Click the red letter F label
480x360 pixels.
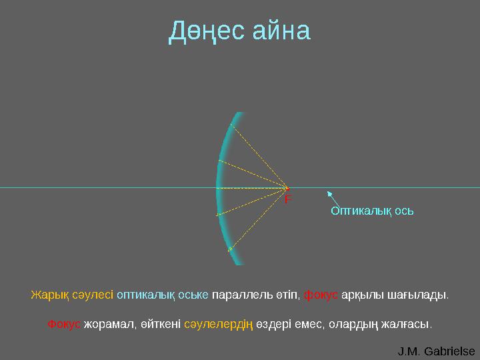click(x=288, y=199)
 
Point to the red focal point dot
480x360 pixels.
click(x=287, y=188)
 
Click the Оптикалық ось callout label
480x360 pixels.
click(x=372, y=211)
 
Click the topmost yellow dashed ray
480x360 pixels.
click(x=259, y=155)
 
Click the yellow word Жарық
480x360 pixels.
click(x=45, y=295)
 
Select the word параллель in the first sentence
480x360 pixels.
click(x=235, y=295)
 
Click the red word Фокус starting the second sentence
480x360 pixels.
click(x=64, y=325)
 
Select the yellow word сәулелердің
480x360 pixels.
click(x=217, y=325)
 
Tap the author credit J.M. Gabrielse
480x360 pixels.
click(x=436, y=351)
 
